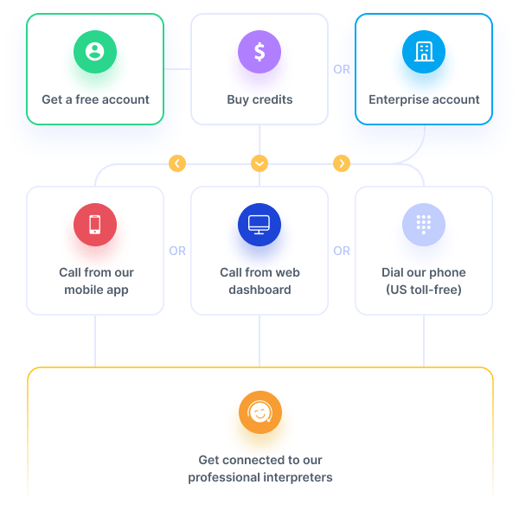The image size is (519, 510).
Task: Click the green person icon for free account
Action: (95, 52)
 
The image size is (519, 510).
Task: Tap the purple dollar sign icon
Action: (259, 52)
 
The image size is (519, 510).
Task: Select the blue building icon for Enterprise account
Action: (424, 52)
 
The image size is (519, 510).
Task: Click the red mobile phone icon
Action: (95, 225)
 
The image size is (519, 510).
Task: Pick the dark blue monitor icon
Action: (259, 225)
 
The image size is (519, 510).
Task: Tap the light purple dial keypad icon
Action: (424, 225)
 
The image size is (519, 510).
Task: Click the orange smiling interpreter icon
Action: (259, 412)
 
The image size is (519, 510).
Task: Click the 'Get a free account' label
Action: (95, 99)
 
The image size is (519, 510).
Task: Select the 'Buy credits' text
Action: (259, 99)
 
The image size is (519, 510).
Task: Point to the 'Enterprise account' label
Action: (424, 99)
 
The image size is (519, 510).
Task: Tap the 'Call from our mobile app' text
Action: (95, 281)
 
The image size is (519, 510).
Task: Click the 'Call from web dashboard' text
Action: (259, 281)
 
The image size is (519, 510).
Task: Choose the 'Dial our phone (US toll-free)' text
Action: (424, 281)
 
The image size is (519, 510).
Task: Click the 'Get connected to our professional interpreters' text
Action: (259, 469)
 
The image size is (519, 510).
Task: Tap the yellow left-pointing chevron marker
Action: (177, 163)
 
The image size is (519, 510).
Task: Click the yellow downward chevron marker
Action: (259, 163)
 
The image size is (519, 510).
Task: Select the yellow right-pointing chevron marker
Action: (341, 163)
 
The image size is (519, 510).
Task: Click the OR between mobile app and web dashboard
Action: (177, 251)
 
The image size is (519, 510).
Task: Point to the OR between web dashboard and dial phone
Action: (342, 251)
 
